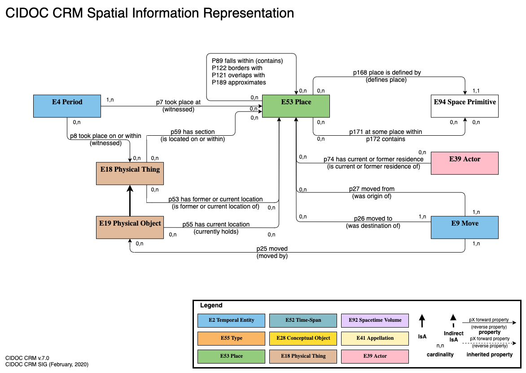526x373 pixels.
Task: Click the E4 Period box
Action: point(67,106)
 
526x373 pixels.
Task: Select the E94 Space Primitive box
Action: point(465,106)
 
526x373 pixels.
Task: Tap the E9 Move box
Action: point(465,227)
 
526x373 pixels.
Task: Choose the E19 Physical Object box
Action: point(130,227)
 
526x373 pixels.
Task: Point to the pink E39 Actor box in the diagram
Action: point(465,163)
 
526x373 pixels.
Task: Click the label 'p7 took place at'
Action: point(178,102)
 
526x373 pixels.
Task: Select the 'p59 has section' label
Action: point(193,132)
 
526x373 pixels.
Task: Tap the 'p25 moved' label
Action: point(272,249)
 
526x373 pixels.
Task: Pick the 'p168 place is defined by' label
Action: point(386,72)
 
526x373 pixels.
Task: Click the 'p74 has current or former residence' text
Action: point(373,159)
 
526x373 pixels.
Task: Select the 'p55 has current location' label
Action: point(216,224)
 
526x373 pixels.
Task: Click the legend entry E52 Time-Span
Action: point(303,320)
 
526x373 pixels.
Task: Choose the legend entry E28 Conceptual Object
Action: point(303,338)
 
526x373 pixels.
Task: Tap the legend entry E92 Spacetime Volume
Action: point(374,320)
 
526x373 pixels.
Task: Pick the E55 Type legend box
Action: point(231,338)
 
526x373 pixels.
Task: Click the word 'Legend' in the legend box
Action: point(211,306)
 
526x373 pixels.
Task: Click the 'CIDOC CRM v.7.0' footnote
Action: point(27,358)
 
